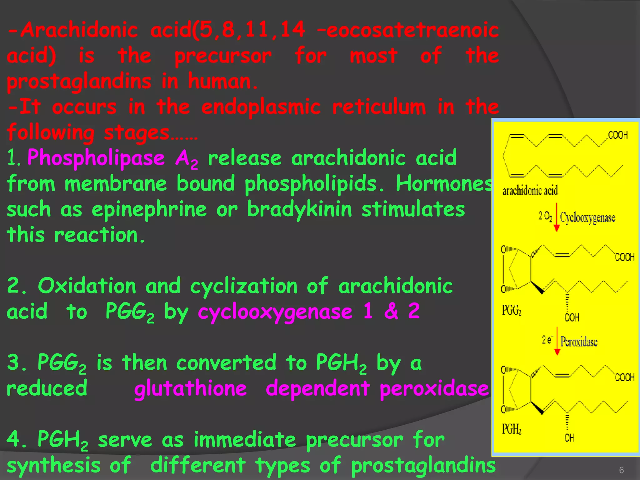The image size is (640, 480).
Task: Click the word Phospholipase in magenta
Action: (x=96, y=158)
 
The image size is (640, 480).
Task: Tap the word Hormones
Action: (x=444, y=183)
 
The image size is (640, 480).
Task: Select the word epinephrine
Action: (x=149, y=209)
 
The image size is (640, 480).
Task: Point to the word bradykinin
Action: (x=299, y=209)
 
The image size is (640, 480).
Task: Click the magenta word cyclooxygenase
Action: (x=275, y=312)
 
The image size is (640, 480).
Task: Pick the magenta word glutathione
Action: (x=190, y=388)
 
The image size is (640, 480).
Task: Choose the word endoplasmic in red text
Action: (x=261, y=107)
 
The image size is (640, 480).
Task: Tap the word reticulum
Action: (x=379, y=107)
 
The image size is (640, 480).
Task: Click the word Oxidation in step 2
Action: (x=87, y=286)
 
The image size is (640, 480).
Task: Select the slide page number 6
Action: (x=621, y=470)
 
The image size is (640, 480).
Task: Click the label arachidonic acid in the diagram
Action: (x=530, y=190)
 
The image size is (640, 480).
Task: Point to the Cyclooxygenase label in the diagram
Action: (x=587, y=217)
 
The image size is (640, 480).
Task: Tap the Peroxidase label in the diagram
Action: (x=579, y=342)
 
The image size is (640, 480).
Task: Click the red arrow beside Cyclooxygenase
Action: (x=557, y=217)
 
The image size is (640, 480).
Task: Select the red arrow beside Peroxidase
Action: (x=557, y=341)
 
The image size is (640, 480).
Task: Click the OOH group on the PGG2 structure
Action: (x=572, y=318)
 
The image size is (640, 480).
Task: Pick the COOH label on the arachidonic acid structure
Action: (x=617, y=135)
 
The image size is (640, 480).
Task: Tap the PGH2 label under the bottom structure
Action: (x=511, y=429)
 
